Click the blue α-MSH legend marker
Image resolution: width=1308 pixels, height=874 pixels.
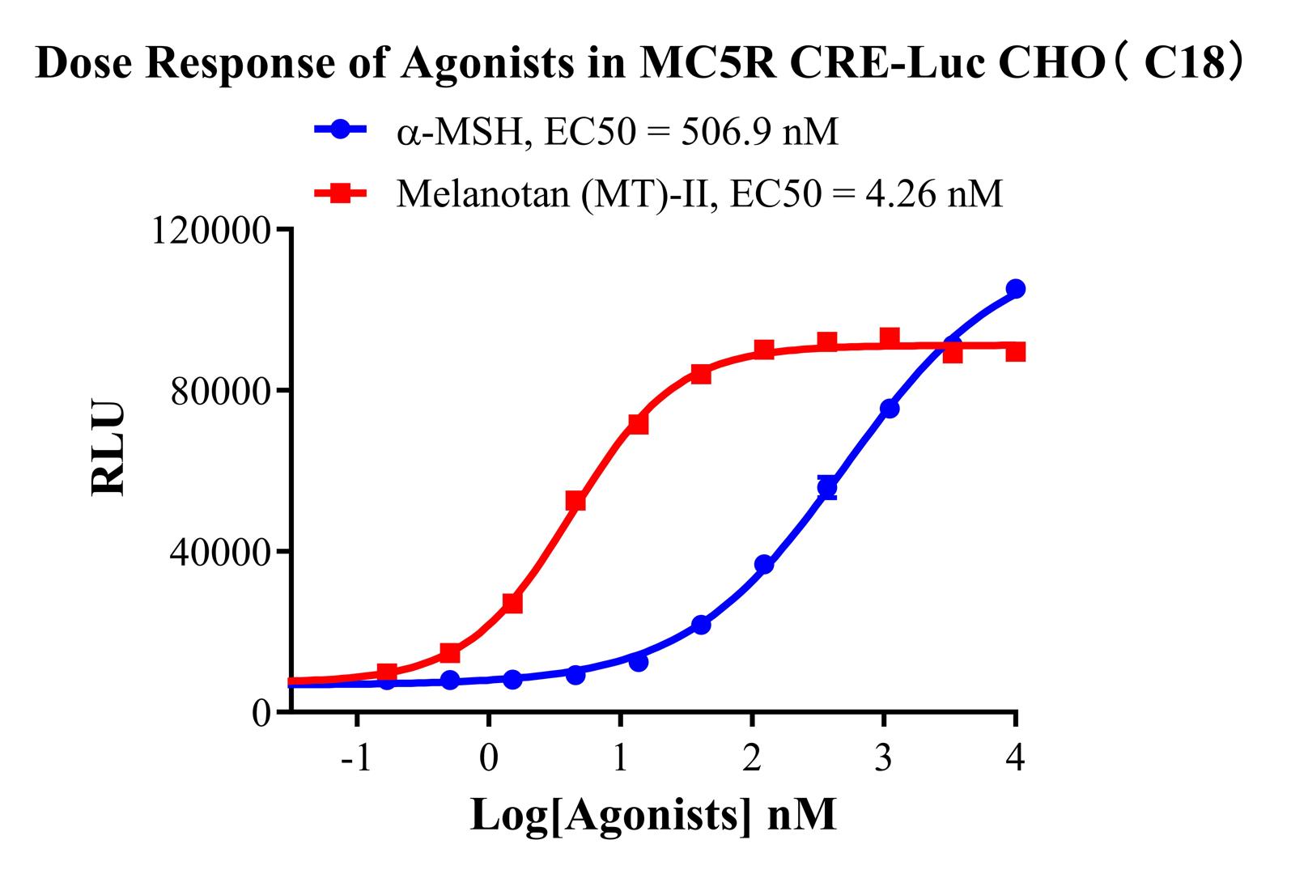[342, 129]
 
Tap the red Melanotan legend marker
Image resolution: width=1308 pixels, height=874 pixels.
[342, 193]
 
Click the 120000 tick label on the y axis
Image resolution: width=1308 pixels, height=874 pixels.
[211, 231]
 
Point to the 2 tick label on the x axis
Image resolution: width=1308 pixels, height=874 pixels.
[752, 758]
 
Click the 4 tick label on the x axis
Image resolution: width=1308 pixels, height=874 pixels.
[1015, 758]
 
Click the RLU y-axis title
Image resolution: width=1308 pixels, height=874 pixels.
[108, 447]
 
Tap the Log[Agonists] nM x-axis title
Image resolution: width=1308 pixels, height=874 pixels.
[653, 815]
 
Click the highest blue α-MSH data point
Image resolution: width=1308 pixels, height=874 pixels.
[1015, 289]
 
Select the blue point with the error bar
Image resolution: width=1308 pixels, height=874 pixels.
[827, 487]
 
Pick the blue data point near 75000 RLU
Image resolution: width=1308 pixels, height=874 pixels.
[890, 409]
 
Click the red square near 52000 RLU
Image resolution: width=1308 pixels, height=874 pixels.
[575, 501]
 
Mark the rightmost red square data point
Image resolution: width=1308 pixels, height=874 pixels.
[1015, 351]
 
